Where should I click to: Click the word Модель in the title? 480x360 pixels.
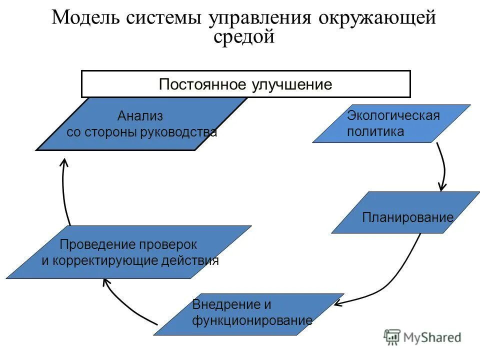(85, 18)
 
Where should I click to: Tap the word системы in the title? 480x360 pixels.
(164, 18)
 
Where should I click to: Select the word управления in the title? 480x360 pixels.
(260, 19)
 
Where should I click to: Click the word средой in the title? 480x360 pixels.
(244, 36)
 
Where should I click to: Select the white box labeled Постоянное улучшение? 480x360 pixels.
(245, 84)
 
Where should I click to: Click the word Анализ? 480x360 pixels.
(140, 116)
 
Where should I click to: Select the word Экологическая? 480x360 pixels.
(393, 116)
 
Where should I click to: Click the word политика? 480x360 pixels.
(375, 132)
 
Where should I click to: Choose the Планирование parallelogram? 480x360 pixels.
(405, 212)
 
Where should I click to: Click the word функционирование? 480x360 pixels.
(252, 320)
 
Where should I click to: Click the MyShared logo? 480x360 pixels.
(422, 337)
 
